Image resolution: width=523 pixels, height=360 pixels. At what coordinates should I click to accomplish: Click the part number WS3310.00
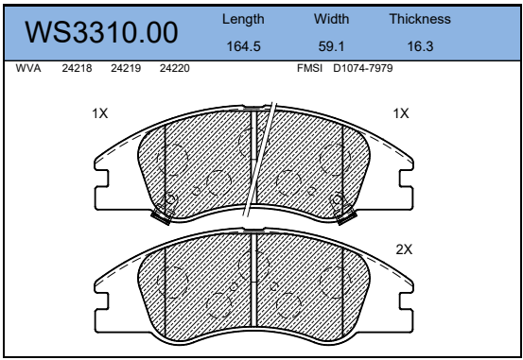[x=101, y=32]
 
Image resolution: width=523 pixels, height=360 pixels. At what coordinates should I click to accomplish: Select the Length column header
[x=243, y=19]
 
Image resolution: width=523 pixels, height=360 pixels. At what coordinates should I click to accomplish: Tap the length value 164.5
[x=243, y=46]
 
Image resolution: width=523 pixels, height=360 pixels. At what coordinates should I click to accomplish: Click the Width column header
[x=331, y=19]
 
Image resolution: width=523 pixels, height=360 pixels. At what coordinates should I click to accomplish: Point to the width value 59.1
[x=331, y=46]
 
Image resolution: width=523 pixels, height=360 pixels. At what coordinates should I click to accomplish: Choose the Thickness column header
[x=420, y=19]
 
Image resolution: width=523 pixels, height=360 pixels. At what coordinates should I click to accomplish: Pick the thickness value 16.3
[x=420, y=46]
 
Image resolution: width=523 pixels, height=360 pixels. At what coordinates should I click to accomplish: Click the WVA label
[x=28, y=68]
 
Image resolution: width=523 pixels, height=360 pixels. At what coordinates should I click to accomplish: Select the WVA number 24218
[x=77, y=68]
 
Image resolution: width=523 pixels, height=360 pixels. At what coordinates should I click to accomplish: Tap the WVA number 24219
[x=126, y=68]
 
